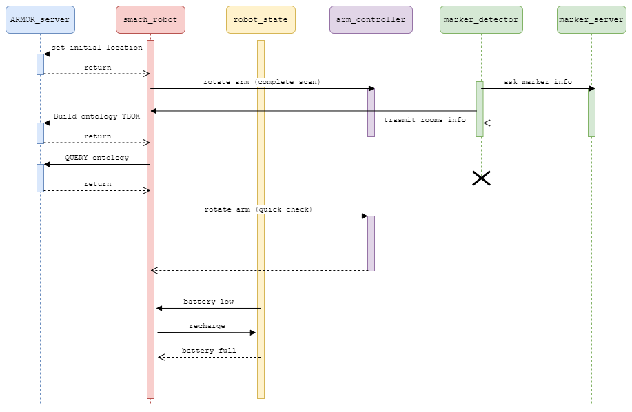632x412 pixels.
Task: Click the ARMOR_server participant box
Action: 40,20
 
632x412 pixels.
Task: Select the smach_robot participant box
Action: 150,20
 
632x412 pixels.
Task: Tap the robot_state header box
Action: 261,20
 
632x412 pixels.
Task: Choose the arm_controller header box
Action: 371,20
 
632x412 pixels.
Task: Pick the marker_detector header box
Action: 481,20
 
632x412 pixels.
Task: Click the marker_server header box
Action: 591,20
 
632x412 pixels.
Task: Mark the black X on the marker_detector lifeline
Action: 481,178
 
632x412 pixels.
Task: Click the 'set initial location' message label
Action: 96,48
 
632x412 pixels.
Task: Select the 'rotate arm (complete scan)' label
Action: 262,82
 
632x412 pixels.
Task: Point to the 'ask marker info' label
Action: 538,82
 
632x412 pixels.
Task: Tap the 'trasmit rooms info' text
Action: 425,120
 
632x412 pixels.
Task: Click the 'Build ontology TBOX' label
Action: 96,116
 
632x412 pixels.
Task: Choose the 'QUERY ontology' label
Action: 96,158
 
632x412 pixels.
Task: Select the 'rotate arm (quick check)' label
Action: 258,209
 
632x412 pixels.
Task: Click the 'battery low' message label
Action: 208,302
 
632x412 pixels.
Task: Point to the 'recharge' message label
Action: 207,326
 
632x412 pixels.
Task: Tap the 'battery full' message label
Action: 208,351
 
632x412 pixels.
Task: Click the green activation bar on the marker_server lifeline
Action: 591,112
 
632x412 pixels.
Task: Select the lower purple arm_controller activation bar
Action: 371,243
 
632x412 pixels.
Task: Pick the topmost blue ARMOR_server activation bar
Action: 40,64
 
